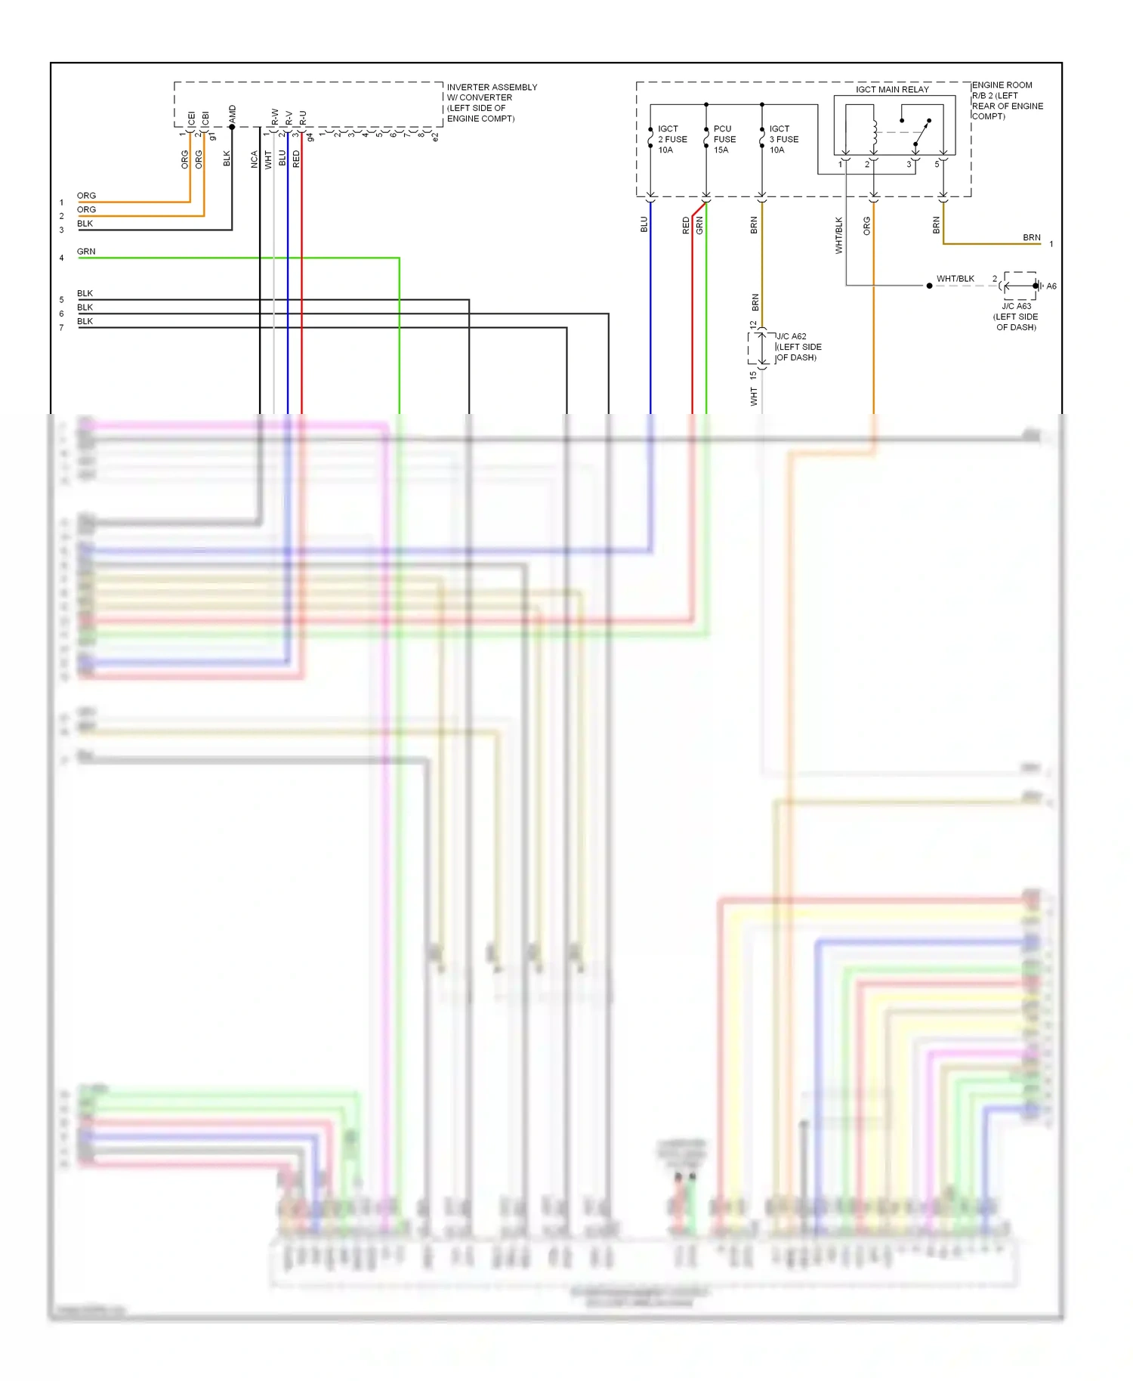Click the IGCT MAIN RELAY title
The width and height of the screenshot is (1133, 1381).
[x=891, y=89]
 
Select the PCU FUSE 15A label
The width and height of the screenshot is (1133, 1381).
[x=724, y=139]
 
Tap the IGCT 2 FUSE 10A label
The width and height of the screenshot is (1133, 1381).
[x=671, y=139]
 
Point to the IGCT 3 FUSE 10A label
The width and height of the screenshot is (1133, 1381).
[x=783, y=139]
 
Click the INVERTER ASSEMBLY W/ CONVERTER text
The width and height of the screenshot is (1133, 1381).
[x=491, y=92]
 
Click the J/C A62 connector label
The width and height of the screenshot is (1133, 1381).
[x=798, y=347]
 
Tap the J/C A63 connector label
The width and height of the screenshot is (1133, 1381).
[x=1016, y=316]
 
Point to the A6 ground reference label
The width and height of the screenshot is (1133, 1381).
[x=1051, y=286]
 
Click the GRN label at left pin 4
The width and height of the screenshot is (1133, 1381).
[x=86, y=252]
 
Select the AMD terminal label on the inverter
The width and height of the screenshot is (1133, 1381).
[x=233, y=115]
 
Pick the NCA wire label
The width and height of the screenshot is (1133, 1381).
[x=255, y=159]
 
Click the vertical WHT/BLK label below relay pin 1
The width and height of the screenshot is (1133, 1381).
[x=838, y=235]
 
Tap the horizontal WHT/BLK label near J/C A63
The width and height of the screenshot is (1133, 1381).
[x=955, y=279]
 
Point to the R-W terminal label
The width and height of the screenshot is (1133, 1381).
[x=275, y=117]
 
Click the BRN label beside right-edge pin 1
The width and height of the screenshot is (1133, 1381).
[x=1031, y=237]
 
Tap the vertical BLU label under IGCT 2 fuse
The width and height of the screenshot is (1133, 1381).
[x=644, y=224]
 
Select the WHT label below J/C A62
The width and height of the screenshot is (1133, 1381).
[x=754, y=397]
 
